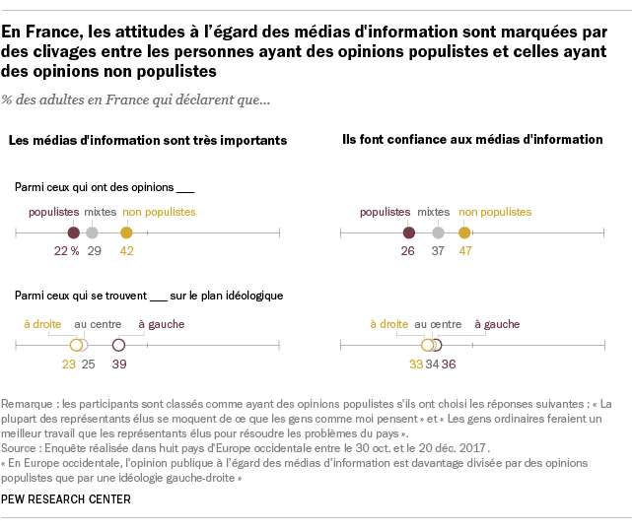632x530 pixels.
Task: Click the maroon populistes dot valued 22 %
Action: coord(74,232)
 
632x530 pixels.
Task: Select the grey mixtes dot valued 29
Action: coord(92,232)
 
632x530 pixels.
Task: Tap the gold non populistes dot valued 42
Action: coord(126,232)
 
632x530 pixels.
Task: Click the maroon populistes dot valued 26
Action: coord(409,232)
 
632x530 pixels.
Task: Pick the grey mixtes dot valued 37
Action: coord(438,232)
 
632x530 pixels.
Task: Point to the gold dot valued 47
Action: coord(464,232)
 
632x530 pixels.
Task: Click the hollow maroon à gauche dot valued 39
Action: coord(119,345)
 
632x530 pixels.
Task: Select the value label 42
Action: coord(126,251)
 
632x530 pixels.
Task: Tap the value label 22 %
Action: coord(66,251)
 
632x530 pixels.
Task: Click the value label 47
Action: coord(464,251)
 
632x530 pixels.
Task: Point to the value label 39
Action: coord(119,364)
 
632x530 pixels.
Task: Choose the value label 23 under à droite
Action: coord(69,364)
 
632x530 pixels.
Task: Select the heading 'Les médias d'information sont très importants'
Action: coord(148,141)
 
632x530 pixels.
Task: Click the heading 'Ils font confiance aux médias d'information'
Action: coord(471,140)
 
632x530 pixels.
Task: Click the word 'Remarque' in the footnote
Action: coord(28,405)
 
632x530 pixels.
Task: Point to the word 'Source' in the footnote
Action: coord(22,448)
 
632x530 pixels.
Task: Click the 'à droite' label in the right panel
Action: coord(388,323)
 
